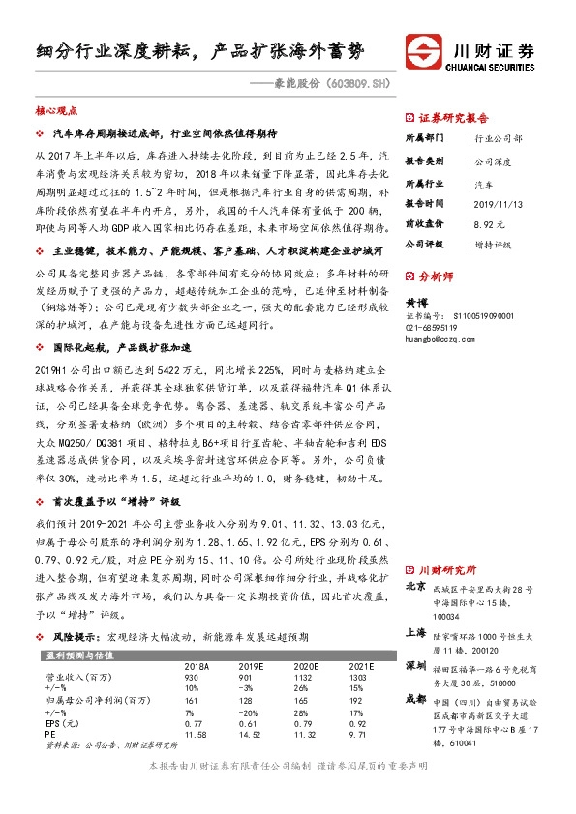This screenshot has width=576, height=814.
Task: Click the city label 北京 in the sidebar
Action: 414,585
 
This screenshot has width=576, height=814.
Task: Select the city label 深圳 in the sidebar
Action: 414,666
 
